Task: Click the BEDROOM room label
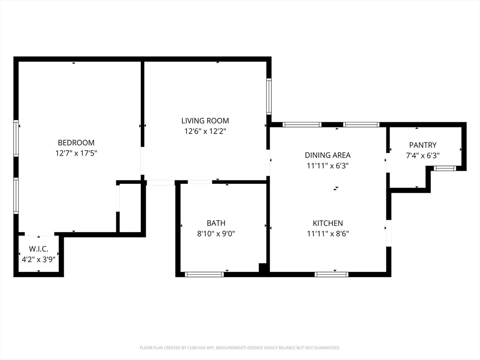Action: tap(76, 142)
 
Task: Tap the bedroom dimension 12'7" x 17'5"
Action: tap(76, 153)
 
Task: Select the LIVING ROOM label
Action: tap(205, 121)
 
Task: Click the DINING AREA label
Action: tap(328, 155)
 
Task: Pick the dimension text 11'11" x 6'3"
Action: tap(328, 165)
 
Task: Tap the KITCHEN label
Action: tap(328, 223)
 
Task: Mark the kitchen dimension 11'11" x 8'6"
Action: tap(328, 233)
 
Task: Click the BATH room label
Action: tap(216, 223)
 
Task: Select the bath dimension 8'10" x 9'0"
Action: tap(216, 233)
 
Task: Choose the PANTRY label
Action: tap(422, 145)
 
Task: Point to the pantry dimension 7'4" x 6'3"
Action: tap(422, 156)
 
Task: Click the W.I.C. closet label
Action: tap(39, 248)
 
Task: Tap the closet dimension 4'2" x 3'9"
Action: tap(39, 258)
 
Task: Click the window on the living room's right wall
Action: tap(269, 97)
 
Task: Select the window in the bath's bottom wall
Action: tap(204, 274)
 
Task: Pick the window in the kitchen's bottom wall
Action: tap(331, 274)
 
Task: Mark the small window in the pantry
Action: tap(445, 168)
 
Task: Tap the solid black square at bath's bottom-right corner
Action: tap(263, 268)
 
